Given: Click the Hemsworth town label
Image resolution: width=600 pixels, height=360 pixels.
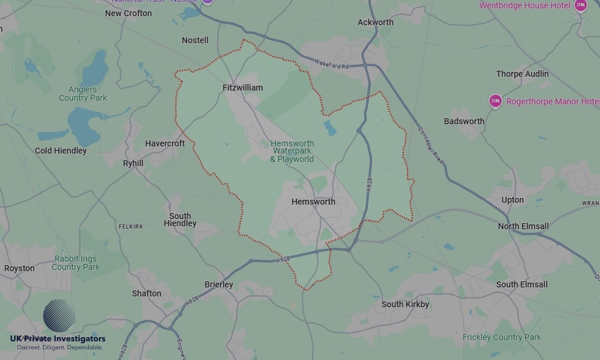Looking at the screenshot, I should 313,202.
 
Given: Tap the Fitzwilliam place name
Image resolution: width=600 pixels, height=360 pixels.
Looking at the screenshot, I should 242,88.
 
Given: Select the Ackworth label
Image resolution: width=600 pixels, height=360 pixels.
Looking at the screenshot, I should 376,22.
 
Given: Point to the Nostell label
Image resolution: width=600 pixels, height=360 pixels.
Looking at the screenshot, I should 195,40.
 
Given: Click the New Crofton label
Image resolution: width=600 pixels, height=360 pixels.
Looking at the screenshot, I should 128,13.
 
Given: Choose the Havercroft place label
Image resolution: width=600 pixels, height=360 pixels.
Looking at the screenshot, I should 165,143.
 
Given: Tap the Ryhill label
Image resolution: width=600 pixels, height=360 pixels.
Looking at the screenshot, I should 133,163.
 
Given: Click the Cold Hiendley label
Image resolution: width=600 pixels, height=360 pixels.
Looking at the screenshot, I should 61,151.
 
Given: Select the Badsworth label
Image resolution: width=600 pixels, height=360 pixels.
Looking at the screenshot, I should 464,121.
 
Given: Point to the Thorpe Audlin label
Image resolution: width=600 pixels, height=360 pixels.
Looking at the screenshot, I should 522,74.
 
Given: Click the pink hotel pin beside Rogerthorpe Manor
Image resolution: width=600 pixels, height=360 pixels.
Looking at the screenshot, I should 495,101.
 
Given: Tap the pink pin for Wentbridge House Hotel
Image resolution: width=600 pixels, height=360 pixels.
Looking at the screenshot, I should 580,6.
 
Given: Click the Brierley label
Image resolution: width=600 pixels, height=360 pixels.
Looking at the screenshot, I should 218,284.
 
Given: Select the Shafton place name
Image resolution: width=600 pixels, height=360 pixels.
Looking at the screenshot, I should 146,293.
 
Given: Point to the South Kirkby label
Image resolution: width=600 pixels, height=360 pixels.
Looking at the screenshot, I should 405,304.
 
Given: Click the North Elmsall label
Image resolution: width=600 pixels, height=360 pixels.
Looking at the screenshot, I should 523,226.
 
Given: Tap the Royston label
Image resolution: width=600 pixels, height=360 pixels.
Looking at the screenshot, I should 19,268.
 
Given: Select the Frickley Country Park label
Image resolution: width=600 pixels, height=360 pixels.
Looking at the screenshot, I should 502,337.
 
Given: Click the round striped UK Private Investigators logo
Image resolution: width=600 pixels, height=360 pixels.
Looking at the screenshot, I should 59,316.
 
